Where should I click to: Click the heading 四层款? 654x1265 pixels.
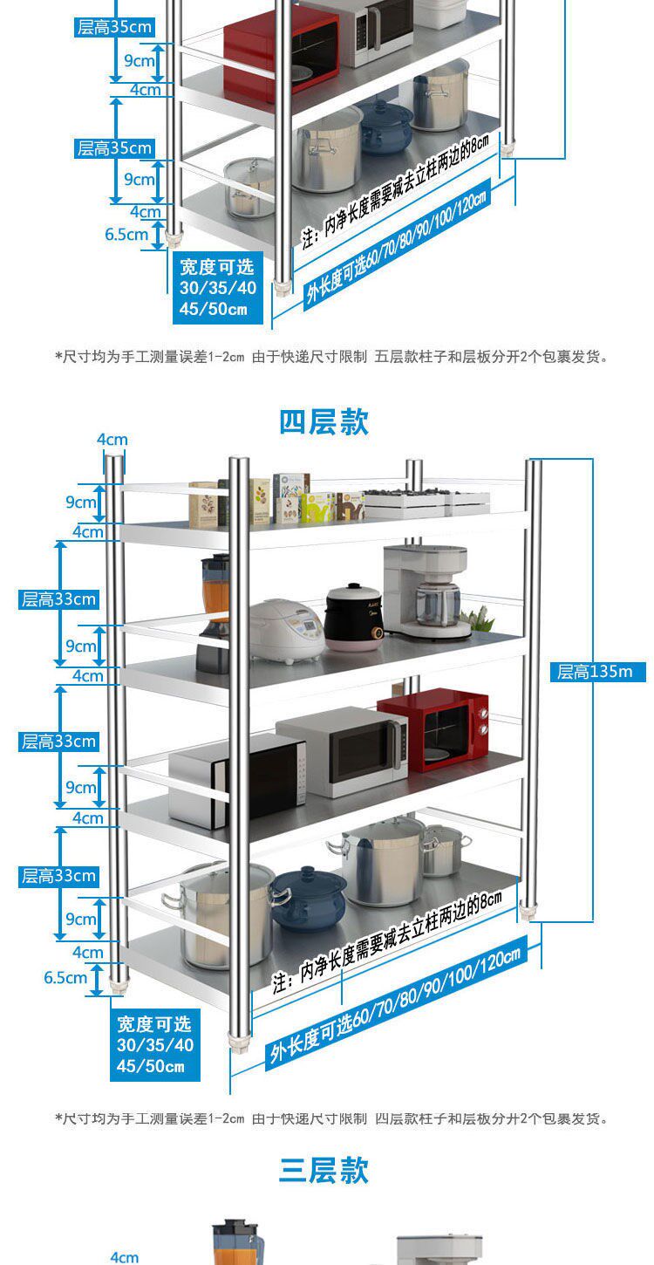tap(324, 422)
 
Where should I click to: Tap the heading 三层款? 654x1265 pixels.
tap(324, 1170)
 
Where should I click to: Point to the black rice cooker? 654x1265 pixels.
tap(354, 617)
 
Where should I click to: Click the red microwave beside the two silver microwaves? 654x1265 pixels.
tap(433, 728)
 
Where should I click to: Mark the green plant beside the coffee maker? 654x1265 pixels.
tap(476, 619)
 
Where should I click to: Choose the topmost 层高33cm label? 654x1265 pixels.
tap(58, 599)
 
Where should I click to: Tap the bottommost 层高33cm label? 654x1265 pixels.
tap(58, 876)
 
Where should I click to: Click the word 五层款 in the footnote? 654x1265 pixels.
tap(393, 356)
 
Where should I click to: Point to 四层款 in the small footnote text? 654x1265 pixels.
tap(393, 1118)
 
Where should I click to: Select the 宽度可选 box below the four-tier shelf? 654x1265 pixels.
tap(155, 1044)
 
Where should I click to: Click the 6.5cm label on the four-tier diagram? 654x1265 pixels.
tap(65, 977)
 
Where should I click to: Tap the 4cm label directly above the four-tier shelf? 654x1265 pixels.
tap(112, 440)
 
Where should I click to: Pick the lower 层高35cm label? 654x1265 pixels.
tap(114, 148)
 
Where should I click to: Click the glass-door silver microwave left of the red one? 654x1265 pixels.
tap(342, 749)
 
